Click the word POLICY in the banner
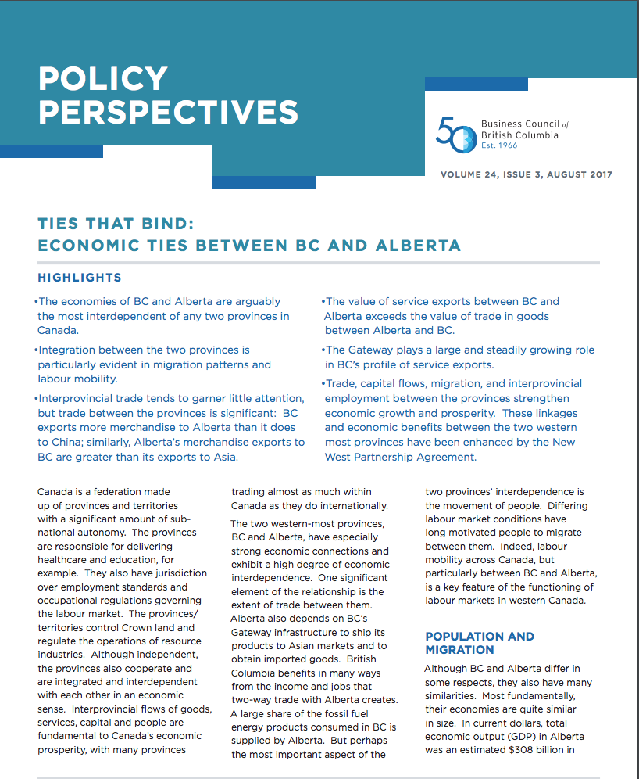(x=103, y=78)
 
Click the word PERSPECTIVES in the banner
(x=168, y=112)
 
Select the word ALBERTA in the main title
(x=419, y=246)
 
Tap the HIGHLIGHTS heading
(x=80, y=278)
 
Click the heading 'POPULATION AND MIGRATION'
(x=480, y=643)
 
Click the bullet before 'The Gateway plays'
(x=323, y=350)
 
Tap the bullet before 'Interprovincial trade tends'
(x=36, y=399)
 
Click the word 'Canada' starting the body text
(x=55, y=492)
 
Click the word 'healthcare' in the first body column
(x=64, y=559)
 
